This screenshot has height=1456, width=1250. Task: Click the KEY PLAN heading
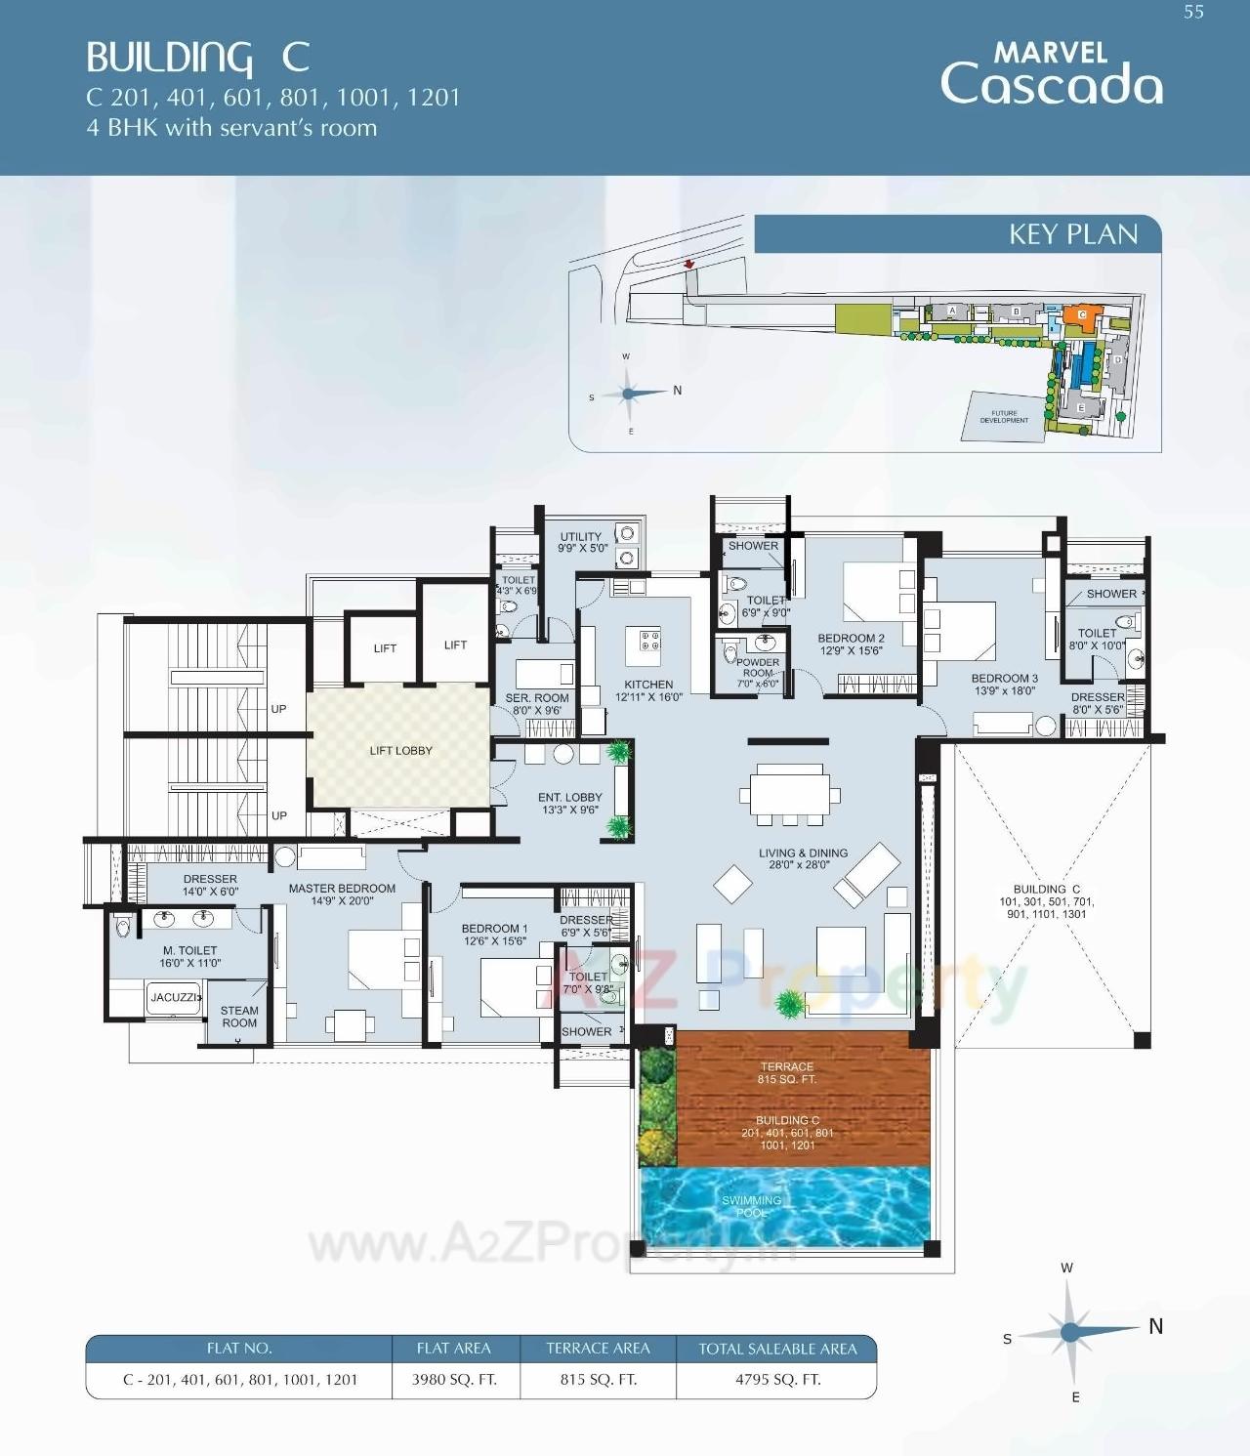pos(1072,234)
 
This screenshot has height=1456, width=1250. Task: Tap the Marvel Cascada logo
pos(1051,74)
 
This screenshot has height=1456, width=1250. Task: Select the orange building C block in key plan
pos(1082,314)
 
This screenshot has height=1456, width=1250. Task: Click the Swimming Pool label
pos(751,1206)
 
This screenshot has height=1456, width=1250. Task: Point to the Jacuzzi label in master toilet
pos(174,998)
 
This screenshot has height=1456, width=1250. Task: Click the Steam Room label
pos(239,1017)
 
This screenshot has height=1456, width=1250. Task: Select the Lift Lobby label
pos(400,751)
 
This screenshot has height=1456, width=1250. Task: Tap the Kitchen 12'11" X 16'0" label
pos(648,690)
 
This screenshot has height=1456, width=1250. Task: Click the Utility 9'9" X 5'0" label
pos(581,542)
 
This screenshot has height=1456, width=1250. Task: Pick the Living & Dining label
pos(803,858)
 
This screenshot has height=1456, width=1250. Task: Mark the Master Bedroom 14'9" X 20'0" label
pos(342,894)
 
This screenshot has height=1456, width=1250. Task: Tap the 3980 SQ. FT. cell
pos(454,1379)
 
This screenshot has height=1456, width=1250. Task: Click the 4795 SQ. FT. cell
pos(777,1379)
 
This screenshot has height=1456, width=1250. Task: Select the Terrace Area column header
pos(598,1349)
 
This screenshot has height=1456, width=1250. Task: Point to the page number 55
pos(1193,13)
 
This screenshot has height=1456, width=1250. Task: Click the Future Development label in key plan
pos(1004,417)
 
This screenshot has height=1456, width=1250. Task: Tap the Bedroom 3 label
pos(1004,684)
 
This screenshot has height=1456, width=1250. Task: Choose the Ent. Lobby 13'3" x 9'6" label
pos(569,803)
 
